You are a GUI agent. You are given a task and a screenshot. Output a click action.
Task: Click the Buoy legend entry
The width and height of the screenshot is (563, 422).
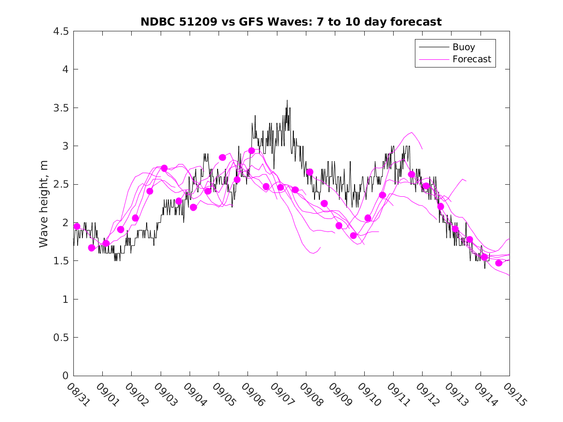[463, 47]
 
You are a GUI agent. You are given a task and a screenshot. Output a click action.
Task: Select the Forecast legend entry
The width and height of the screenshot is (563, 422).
[471, 59]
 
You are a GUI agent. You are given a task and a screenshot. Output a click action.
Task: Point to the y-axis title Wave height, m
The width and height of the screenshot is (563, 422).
[44, 204]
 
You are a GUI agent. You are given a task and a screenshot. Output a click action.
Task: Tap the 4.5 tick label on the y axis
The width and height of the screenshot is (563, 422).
[60, 31]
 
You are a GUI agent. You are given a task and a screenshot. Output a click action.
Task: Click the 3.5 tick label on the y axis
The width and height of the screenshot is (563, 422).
[60, 108]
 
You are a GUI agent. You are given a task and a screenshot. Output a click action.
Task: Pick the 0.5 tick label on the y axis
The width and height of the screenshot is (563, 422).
[60, 338]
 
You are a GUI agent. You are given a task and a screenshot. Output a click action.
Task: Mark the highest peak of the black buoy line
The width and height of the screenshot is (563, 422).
[287, 100]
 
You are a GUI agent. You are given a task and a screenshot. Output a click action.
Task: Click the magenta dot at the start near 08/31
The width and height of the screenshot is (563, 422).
[77, 226]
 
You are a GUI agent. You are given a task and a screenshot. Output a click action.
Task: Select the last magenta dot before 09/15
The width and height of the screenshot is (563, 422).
[499, 263]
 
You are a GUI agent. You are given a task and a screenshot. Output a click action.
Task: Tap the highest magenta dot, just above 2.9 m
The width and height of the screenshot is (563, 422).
[251, 150]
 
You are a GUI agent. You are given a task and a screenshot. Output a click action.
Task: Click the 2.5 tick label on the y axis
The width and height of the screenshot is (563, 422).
[60, 185]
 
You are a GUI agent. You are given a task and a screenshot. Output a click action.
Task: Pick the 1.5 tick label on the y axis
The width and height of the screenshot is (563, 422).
[60, 261]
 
